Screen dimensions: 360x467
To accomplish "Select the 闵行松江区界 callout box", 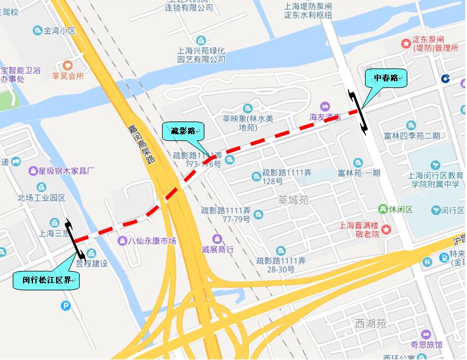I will point(45,280).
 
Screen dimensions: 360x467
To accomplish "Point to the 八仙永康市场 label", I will point(152,240).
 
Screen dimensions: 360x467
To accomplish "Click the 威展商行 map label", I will point(218,249).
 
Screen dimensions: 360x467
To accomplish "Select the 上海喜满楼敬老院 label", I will point(360,229).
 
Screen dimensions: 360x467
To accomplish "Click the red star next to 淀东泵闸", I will point(406,43).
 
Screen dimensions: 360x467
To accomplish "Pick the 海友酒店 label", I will point(325,117).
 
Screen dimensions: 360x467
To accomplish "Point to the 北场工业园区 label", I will point(41,197).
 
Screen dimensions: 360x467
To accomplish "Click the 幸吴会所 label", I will point(68,76).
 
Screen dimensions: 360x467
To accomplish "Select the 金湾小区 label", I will point(55,29).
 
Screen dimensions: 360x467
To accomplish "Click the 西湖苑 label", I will point(370,323).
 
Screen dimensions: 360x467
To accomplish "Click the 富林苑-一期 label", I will point(360,172).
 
